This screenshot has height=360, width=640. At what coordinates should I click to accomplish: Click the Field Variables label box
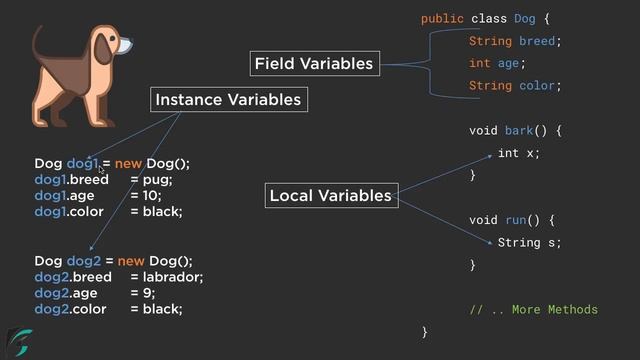pyautogui.click(x=313, y=64)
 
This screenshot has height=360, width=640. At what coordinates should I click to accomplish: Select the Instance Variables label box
pyautogui.click(x=227, y=100)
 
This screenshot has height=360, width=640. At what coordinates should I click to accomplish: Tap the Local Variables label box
pyautogui.click(x=330, y=196)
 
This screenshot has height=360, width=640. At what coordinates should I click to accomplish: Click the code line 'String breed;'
pyautogui.click(x=515, y=41)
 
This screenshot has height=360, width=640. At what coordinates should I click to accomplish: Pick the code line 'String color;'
pyautogui.click(x=515, y=86)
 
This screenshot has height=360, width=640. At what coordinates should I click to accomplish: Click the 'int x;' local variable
pyautogui.click(x=518, y=153)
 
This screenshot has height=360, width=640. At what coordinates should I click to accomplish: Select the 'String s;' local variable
pyautogui.click(x=529, y=242)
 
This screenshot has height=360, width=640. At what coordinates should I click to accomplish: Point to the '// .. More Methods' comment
pyautogui.click(x=533, y=310)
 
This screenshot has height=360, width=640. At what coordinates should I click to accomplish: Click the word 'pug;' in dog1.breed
pyautogui.click(x=159, y=179)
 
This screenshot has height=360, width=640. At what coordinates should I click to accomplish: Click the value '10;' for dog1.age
pyautogui.click(x=151, y=196)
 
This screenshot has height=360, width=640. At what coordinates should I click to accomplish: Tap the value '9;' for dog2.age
pyautogui.click(x=148, y=293)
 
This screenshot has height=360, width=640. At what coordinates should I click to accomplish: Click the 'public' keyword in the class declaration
pyautogui.click(x=441, y=19)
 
